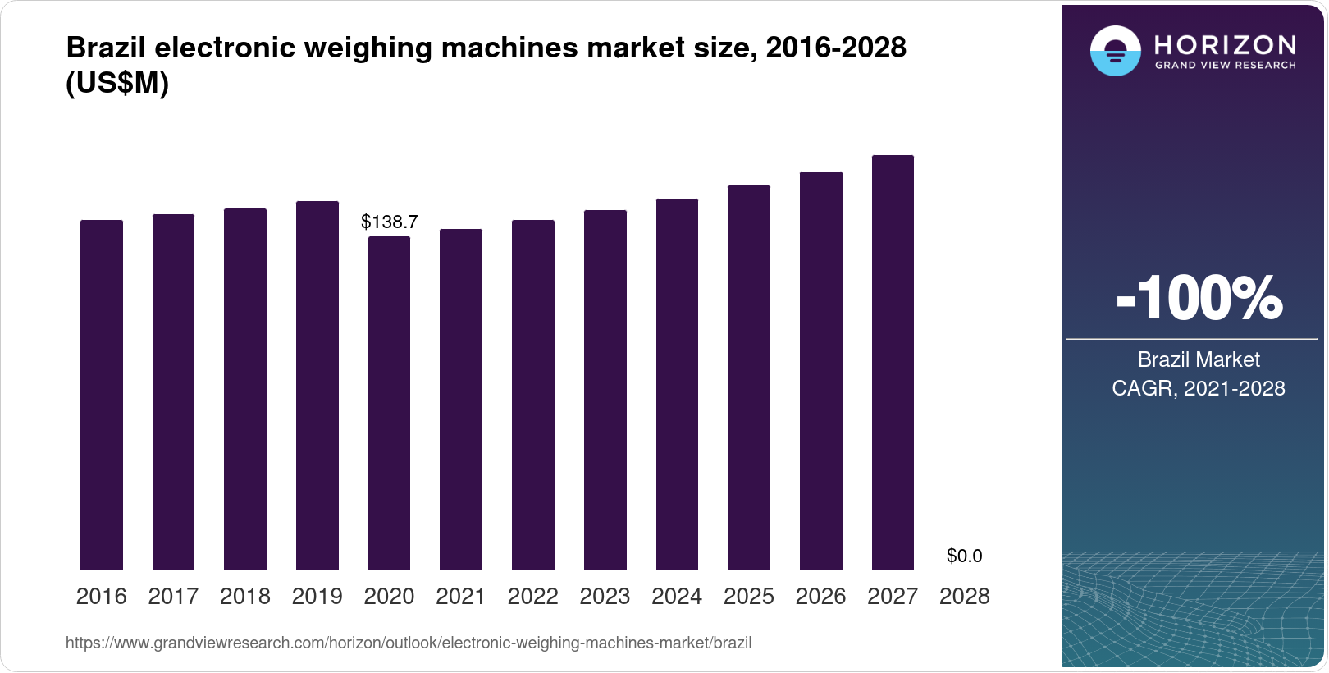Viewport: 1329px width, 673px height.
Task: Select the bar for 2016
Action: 102,395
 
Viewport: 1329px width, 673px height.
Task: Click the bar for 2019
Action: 317,386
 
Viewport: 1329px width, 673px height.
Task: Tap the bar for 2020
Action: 389,403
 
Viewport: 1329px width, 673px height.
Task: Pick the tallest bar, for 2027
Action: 893,362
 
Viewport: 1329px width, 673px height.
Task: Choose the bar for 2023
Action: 605,390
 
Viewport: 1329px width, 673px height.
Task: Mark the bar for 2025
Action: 749,378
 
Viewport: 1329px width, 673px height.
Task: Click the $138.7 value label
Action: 390,222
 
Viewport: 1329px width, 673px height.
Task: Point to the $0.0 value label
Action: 964,556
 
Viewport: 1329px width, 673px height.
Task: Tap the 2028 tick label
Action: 964,597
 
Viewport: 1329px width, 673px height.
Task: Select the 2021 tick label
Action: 461,597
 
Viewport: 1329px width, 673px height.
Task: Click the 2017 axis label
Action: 173,597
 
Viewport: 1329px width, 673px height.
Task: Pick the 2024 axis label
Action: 677,597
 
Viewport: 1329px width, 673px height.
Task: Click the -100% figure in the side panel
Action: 1199,298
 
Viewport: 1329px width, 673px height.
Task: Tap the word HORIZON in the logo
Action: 1225,44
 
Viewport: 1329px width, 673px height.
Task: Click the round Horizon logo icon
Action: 1115,51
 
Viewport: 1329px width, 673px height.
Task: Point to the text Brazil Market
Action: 1199,359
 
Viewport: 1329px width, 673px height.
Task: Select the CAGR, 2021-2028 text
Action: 1199,388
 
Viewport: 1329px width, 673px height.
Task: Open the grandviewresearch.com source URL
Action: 409,643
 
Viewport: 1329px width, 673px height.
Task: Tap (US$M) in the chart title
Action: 117,83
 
